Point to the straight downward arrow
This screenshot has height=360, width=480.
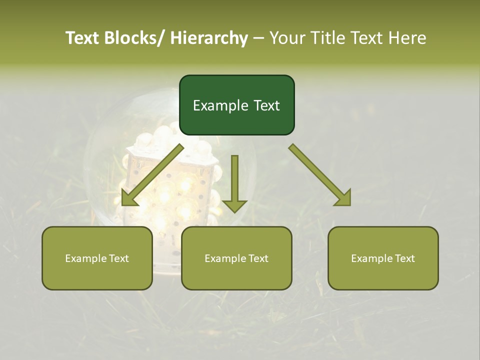234,182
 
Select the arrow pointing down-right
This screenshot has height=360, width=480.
320,175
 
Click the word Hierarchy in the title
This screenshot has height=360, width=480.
209,38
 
